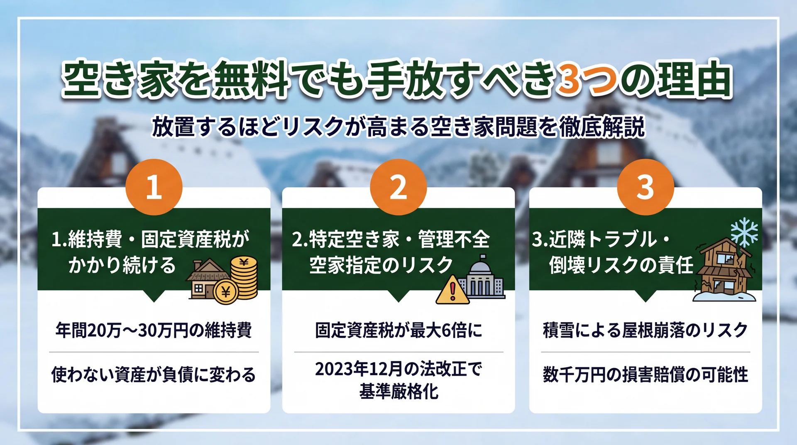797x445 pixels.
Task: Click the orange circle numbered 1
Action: [x=154, y=187]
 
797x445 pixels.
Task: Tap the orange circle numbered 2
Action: [x=398, y=187]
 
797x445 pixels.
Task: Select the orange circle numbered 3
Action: [x=645, y=187]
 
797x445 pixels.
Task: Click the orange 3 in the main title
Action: [x=569, y=79]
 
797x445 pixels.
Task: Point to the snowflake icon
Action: [x=744, y=232]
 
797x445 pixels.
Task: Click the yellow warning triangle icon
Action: [x=452, y=290]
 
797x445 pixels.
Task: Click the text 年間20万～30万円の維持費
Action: [x=154, y=330]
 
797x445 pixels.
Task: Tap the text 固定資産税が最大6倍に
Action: [x=398, y=330]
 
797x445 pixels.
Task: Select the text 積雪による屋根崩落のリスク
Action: [x=645, y=330]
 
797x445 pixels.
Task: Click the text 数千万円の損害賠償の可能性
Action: [x=645, y=374]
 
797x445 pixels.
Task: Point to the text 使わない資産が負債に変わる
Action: [x=154, y=374]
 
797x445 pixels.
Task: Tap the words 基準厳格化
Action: [x=398, y=391]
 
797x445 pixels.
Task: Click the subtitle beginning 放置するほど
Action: [x=398, y=127]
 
